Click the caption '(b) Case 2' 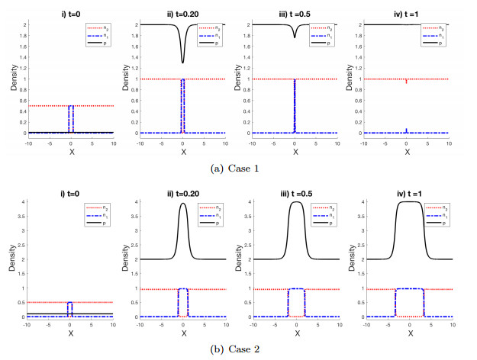pos(237,349)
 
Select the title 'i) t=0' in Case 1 pos(69,8)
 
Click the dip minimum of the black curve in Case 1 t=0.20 pos(182,63)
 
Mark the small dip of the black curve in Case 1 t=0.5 pos(295,37)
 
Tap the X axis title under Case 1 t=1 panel pos(407,151)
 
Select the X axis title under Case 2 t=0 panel pos(69,332)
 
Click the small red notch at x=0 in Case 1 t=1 pos(407,82)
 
